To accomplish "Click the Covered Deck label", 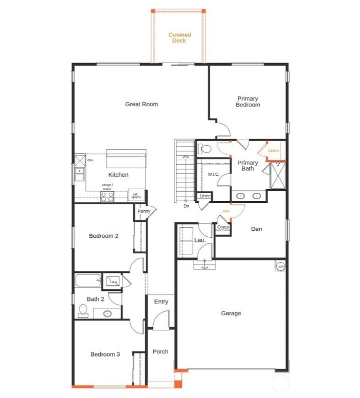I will point(179,38).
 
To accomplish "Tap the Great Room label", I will point(141,104).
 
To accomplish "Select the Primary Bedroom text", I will point(248,102).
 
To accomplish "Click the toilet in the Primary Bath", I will point(204,149).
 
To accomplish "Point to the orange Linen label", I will point(273,150).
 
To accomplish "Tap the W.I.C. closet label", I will point(213,174).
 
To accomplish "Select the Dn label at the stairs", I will point(186,206).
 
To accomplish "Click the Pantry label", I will point(144,211).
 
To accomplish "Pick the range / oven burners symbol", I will point(107,197).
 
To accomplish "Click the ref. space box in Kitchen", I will point(136,196).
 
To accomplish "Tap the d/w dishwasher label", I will point(90,160).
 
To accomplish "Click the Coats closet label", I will point(223,227).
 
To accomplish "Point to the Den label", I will point(256,229).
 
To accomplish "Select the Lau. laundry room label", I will point(200,240).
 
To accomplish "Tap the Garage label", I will point(231,313).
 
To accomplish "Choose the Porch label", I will point(160,352).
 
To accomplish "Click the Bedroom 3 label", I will point(105,354).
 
